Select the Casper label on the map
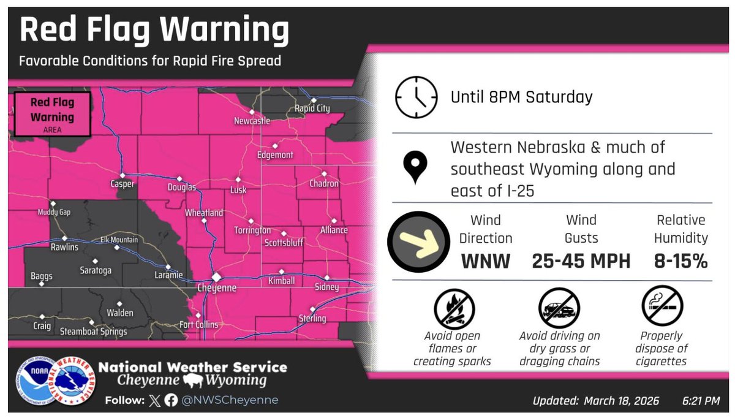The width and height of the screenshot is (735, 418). pos(122,184)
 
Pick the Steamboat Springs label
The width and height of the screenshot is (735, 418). pos(94,332)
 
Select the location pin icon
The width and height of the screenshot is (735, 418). pos(415,169)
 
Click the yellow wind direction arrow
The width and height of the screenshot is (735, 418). pos(419,241)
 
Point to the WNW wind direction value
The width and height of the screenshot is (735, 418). pos(485,262)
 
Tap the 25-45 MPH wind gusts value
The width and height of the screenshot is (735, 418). pos(581,262)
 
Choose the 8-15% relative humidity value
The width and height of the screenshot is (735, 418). pos(680,262)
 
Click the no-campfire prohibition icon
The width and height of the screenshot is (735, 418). pos(454,307)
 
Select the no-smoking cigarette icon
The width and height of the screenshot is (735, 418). pos(663,306)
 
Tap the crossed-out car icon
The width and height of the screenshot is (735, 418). pos(559,307)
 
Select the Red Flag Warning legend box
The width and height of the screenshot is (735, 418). pos(52,114)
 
